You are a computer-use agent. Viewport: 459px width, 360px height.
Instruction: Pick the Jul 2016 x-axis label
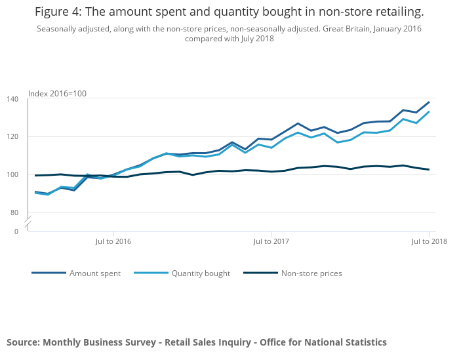pyautogui.click(x=113, y=241)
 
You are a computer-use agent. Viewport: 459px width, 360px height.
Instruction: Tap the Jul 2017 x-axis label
pyautogui.click(x=271, y=241)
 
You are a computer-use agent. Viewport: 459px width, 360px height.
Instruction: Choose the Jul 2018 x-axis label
pyautogui.click(x=429, y=241)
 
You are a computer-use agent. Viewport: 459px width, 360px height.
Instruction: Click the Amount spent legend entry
pyautogui.click(x=95, y=273)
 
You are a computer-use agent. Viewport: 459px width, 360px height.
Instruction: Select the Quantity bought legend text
pyautogui.click(x=201, y=273)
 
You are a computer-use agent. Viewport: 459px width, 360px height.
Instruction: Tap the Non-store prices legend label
pyautogui.click(x=311, y=273)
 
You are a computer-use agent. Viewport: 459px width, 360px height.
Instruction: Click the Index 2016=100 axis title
pyautogui.click(x=57, y=94)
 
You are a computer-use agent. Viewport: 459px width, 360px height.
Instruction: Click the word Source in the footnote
pyautogui.click(x=23, y=342)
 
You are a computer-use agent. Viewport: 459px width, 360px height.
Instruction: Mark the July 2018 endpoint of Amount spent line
pyautogui.click(x=429, y=102)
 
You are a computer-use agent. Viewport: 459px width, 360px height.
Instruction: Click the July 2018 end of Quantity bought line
pyautogui.click(x=429, y=111)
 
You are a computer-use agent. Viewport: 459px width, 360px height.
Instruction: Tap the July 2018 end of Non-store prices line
pyautogui.click(x=429, y=169)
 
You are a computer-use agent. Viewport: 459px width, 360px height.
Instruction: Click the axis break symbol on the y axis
pyautogui.click(x=28, y=223)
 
